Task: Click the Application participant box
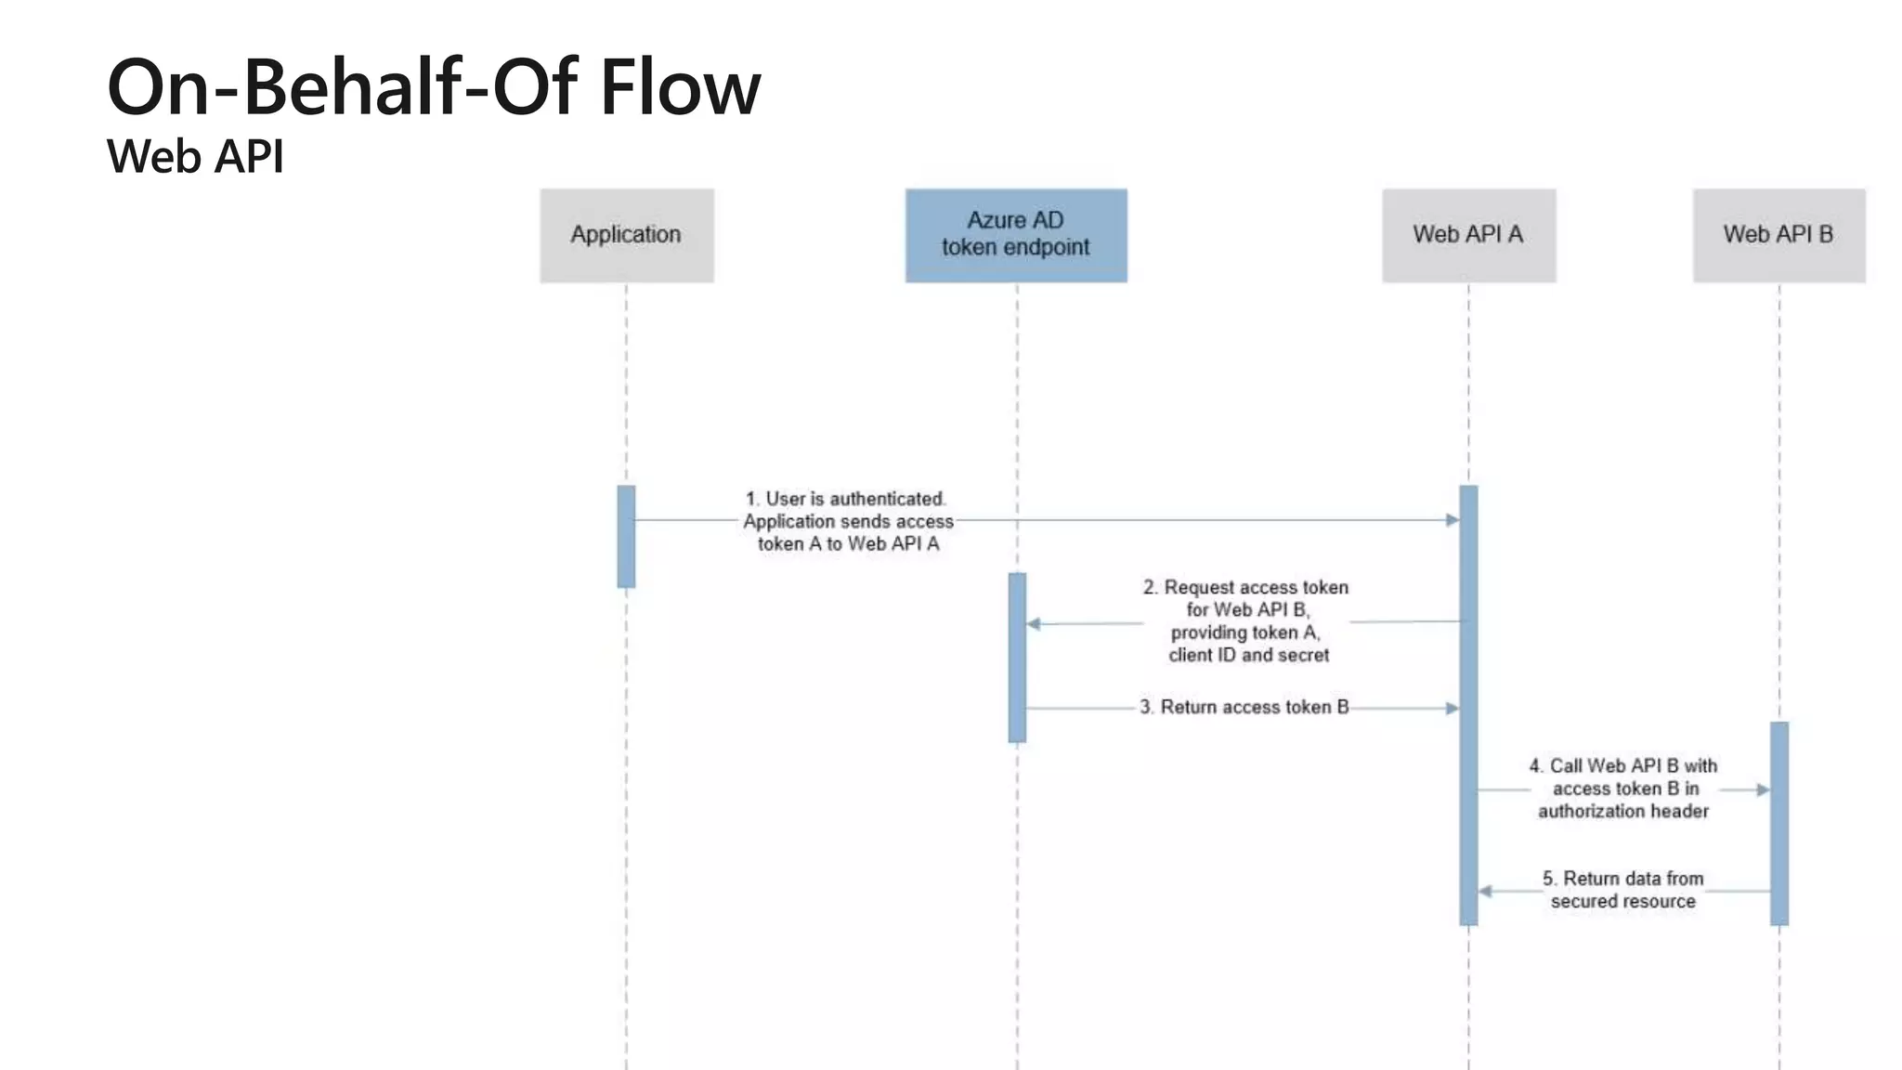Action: point(627,235)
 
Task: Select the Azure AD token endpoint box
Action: point(1016,235)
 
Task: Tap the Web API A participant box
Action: point(1468,235)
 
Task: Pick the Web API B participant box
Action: point(1778,235)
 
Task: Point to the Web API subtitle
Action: point(195,156)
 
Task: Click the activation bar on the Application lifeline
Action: point(626,537)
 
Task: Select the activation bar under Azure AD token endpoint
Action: point(1017,658)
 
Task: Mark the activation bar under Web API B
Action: point(1778,823)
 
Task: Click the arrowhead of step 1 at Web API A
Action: point(1452,520)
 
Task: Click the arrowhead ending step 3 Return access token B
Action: point(1452,709)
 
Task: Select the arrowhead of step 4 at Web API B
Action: point(1763,789)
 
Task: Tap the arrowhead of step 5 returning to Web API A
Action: point(1485,892)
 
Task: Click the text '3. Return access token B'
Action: point(1244,708)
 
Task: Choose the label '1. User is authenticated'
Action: point(846,499)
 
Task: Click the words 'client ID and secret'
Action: point(1248,655)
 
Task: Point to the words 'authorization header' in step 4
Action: point(1622,811)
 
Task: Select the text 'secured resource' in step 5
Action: point(1622,901)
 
